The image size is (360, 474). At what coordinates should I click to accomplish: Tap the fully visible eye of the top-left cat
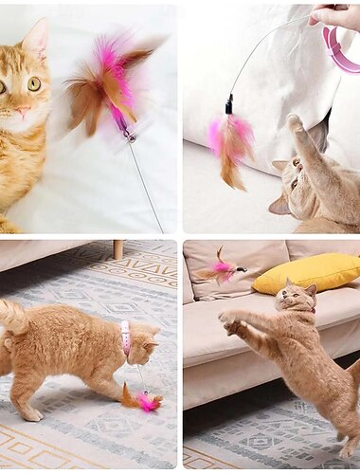coord(34,83)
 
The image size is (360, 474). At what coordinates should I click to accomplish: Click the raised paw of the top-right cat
coord(295,123)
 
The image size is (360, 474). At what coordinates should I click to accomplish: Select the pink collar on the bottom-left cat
coord(125,337)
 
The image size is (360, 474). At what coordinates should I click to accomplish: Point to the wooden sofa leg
coord(117,249)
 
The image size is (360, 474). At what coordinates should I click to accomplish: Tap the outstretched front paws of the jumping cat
coord(230,322)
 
